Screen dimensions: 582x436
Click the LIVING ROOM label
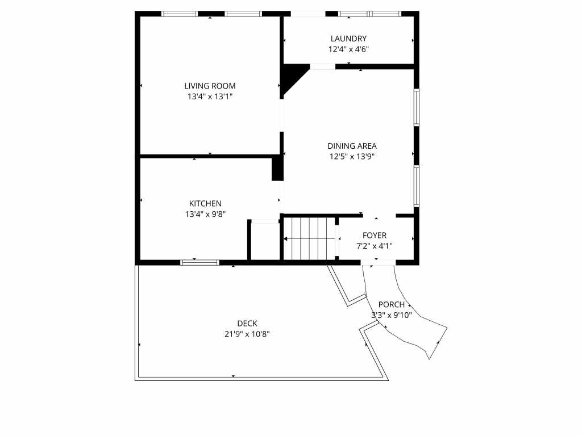click(210, 86)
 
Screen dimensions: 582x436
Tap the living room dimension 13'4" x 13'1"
click(210, 97)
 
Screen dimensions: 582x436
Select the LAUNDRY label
click(348, 39)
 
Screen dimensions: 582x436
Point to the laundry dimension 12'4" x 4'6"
click(348, 49)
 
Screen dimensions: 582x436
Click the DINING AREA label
click(352, 146)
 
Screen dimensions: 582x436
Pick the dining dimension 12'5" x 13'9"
click(352, 157)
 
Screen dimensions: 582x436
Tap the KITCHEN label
click(205, 204)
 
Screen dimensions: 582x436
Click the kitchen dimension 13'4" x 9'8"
click(205, 214)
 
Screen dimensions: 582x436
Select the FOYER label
click(375, 236)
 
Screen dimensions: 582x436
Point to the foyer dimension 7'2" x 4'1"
click(375, 246)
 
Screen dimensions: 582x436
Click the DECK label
click(247, 324)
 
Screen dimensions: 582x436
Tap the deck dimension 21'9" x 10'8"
click(247, 334)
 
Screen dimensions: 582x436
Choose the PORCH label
click(391, 305)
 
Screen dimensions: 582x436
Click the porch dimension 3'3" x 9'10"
click(392, 316)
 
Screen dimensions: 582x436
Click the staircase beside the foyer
click(310, 239)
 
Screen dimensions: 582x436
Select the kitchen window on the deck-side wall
click(199, 262)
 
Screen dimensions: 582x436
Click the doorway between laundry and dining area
click(323, 67)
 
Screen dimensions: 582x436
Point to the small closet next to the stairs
click(265, 241)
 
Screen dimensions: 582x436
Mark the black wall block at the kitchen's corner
click(277, 169)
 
